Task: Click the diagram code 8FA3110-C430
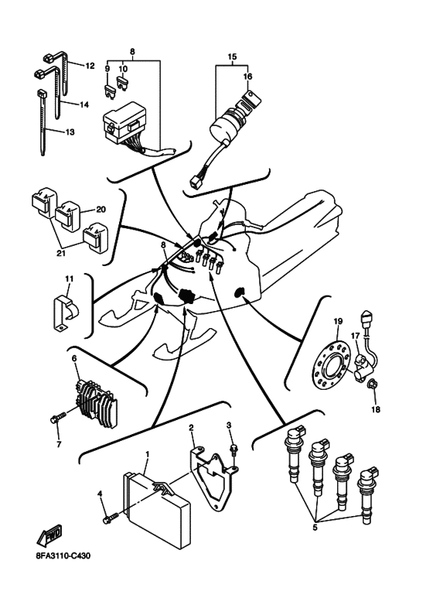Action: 69,555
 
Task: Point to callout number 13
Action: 70,132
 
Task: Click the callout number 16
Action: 248,77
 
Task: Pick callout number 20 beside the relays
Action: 101,210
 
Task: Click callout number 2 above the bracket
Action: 191,426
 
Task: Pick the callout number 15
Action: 231,57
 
